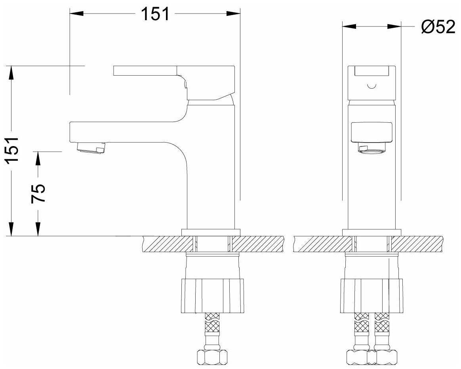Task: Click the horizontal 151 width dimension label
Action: (x=155, y=14)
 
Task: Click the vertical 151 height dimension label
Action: (x=13, y=150)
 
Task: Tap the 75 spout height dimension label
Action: (x=38, y=193)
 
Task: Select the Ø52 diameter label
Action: (x=438, y=27)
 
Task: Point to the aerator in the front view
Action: (x=371, y=149)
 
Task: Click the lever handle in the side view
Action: (x=174, y=83)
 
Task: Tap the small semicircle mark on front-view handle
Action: (x=371, y=86)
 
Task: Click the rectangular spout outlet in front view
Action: (x=372, y=133)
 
